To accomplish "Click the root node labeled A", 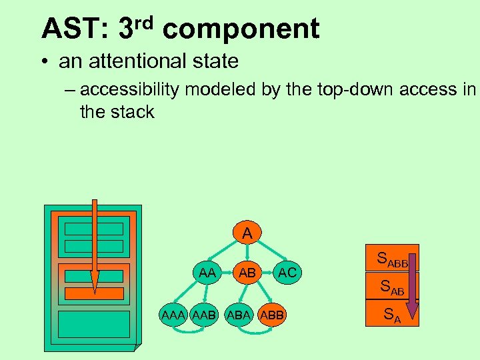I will click(247, 234).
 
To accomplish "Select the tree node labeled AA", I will click(207, 272).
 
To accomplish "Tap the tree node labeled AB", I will click(247, 272).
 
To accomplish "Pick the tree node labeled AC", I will click(287, 272).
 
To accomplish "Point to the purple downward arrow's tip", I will click(412, 317).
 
